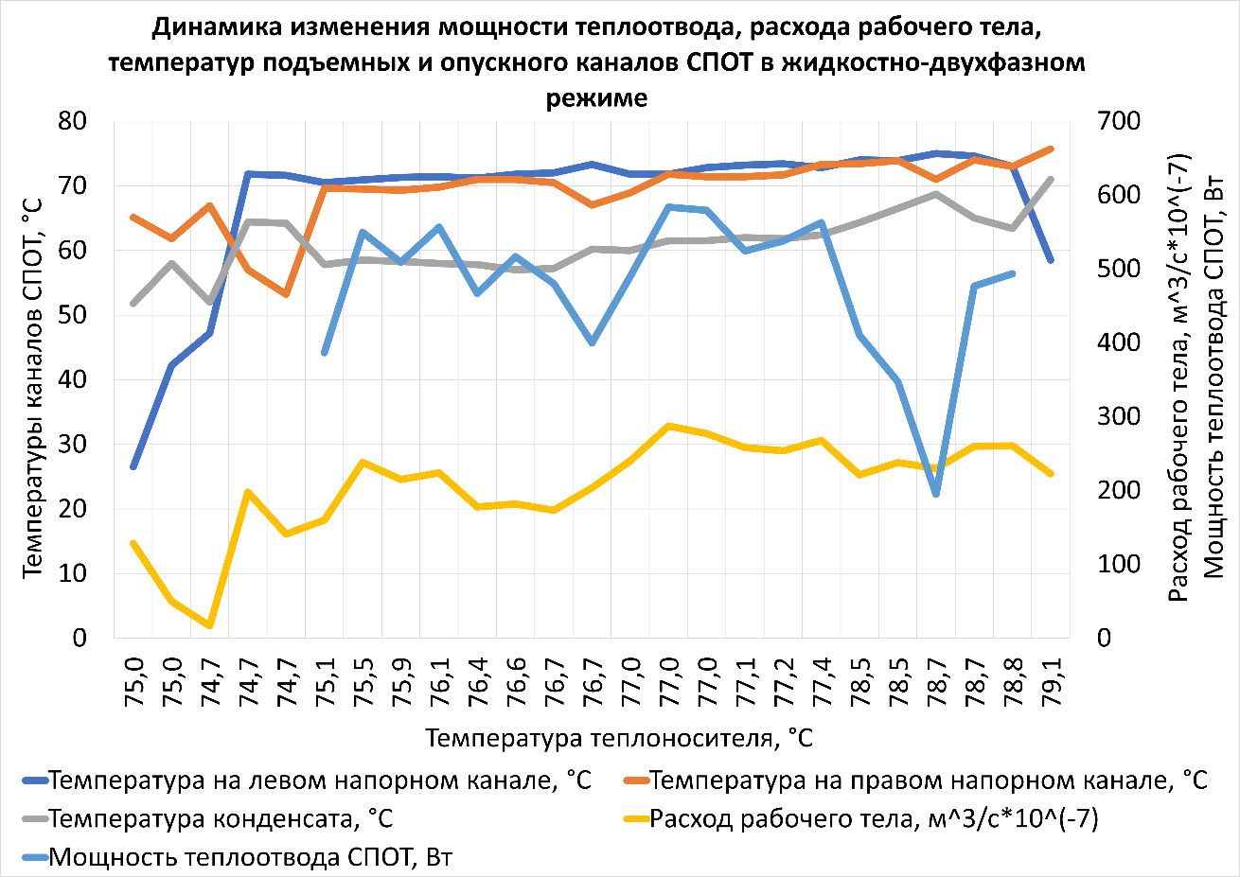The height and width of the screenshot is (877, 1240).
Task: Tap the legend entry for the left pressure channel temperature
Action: (319, 781)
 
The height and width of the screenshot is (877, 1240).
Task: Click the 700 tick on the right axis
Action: (1119, 121)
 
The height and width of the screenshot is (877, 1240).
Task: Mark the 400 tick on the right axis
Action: (1119, 342)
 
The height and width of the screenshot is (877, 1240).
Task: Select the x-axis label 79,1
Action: (1051, 675)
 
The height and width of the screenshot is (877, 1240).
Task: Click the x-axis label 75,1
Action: (326, 675)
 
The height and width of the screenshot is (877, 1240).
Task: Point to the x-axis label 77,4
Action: (822, 675)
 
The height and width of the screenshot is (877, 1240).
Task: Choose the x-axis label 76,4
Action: (478, 675)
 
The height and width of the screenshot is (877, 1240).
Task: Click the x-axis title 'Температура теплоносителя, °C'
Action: (619, 738)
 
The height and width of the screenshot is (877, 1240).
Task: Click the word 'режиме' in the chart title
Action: (596, 97)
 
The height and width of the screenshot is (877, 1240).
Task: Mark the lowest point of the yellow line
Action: (210, 625)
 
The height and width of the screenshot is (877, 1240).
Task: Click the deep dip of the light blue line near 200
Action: (936, 494)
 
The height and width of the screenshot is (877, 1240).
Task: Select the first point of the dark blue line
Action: (133, 466)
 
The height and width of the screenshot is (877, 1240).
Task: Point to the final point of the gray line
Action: (1051, 179)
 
